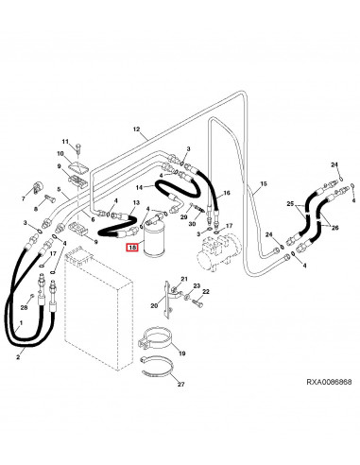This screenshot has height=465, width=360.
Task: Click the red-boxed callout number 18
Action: point(132,248)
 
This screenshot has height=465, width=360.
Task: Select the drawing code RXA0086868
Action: point(329,382)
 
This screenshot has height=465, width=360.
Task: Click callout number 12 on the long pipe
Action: point(136,129)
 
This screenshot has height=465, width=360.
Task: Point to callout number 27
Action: point(180,384)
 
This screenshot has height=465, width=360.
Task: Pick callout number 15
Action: point(264,183)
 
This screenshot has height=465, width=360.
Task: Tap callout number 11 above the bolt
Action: point(65,142)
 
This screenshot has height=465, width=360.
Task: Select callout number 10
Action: point(60,153)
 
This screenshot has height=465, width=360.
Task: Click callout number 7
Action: point(23,198)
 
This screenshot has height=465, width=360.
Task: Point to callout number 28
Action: point(25,307)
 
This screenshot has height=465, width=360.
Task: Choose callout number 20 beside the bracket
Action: point(154,305)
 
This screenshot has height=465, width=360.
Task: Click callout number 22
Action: point(206,292)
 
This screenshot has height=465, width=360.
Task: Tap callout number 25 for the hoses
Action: point(290,204)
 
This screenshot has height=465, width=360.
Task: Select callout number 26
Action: point(334,227)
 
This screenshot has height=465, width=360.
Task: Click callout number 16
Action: point(227,193)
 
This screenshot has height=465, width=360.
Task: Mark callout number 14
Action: point(139,187)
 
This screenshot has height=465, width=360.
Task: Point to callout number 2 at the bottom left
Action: point(18,357)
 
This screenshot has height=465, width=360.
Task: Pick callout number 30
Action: point(192,224)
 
